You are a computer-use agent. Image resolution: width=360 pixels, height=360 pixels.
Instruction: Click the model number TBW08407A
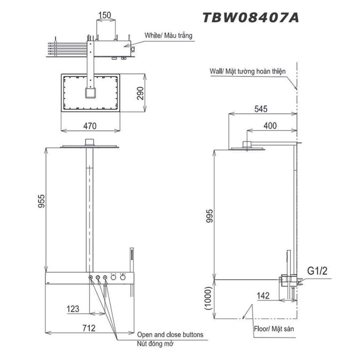pyautogui.click(x=250, y=18)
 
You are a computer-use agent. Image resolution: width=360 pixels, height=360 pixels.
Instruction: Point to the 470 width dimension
pyautogui.click(x=90, y=126)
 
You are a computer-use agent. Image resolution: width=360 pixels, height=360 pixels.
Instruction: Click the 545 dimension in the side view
pyautogui.click(x=261, y=109)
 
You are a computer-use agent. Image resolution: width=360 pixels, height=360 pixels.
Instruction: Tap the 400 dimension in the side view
pyautogui.click(x=270, y=126)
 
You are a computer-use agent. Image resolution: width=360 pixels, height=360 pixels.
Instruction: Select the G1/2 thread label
pyautogui.click(x=317, y=271)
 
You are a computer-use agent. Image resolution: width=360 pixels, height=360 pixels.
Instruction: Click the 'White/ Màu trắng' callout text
pyautogui.click(x=168, y=35)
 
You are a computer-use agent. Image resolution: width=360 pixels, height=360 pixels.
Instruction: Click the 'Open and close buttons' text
pyautogui.click(x=170, y=335)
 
